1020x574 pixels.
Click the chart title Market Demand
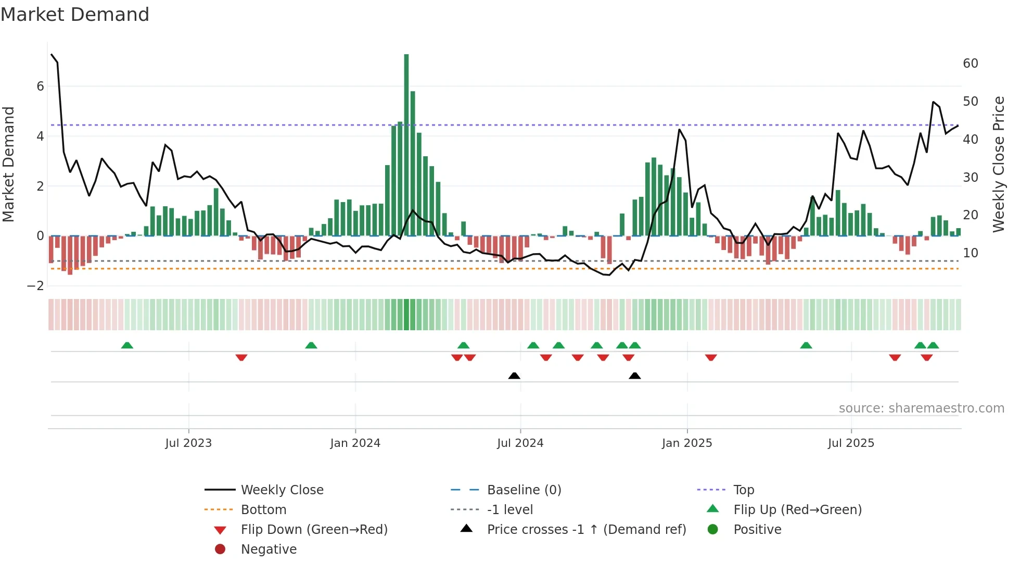pyautogui.click(x=75, y=15)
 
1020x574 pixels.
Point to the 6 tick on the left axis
pyautogui.click(x=40, y=86)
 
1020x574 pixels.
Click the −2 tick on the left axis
pyautogui.click(x=35, y=286)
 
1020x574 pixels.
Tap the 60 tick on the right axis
pyautogui.click(x=971, y=64)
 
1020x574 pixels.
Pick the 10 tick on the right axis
pyautogui.click(x=971, y=253)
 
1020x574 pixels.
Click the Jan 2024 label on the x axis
pyautogui.click(x=355, y=443)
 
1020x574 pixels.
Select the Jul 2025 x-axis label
pyautogui.click(x=851, y=443)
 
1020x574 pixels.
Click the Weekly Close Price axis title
pyautogui.click(x=998, y=164)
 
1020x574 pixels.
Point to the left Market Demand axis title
pyautogui.click(x=9, y=164)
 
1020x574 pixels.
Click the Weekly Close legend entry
pyautogui.click(x=282, y=490)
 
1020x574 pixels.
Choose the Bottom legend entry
pyautogui.click(x=263, y=510)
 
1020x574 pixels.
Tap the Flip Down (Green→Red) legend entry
pyautogui.click(x=314, y=530)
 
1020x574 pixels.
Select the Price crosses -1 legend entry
pyautogui.click(x=586, y=530)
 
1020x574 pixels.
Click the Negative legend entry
pyautogui.click(x=269, y=550)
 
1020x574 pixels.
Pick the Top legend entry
pyautogui.click(x=744, y=490)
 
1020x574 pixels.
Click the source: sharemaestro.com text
pyautogui.click(x=921, y=408)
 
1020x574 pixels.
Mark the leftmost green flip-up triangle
pyautogui.click(x=127, y=345)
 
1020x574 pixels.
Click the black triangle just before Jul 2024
pyautogui.click(x=514, y=376)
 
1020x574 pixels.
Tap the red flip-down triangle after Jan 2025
pyautogui.click(x=711, y=357)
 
